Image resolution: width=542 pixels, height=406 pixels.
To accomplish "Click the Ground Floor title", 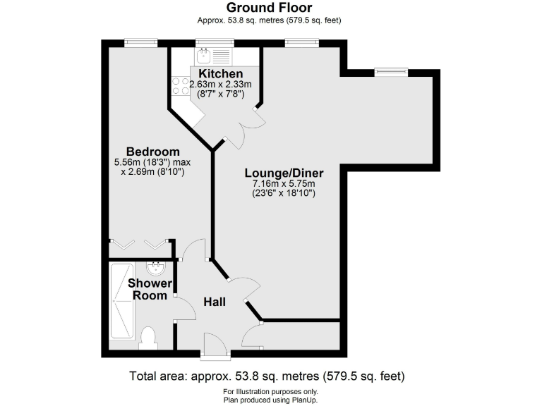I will point(270,8).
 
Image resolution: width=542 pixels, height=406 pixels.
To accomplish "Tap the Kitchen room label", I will point(220,74).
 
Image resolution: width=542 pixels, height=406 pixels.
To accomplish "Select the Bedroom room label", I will point(152,152).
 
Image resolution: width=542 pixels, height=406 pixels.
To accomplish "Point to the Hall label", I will point(215,302).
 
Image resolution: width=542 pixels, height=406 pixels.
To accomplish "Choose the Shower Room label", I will point(150,289).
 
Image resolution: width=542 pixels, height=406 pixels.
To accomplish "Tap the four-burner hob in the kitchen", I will point(180,86).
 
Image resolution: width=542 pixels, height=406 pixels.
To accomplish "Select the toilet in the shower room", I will point(148,338).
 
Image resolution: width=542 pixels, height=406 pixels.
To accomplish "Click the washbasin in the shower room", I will point(155,269).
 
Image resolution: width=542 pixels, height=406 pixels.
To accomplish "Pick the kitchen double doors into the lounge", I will point(243,126).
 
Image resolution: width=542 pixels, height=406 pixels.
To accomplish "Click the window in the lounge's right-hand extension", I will point(390,70).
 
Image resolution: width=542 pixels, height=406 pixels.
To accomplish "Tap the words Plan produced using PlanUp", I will point(270,399).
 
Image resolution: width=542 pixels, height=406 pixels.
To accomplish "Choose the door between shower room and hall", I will point(183,308).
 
